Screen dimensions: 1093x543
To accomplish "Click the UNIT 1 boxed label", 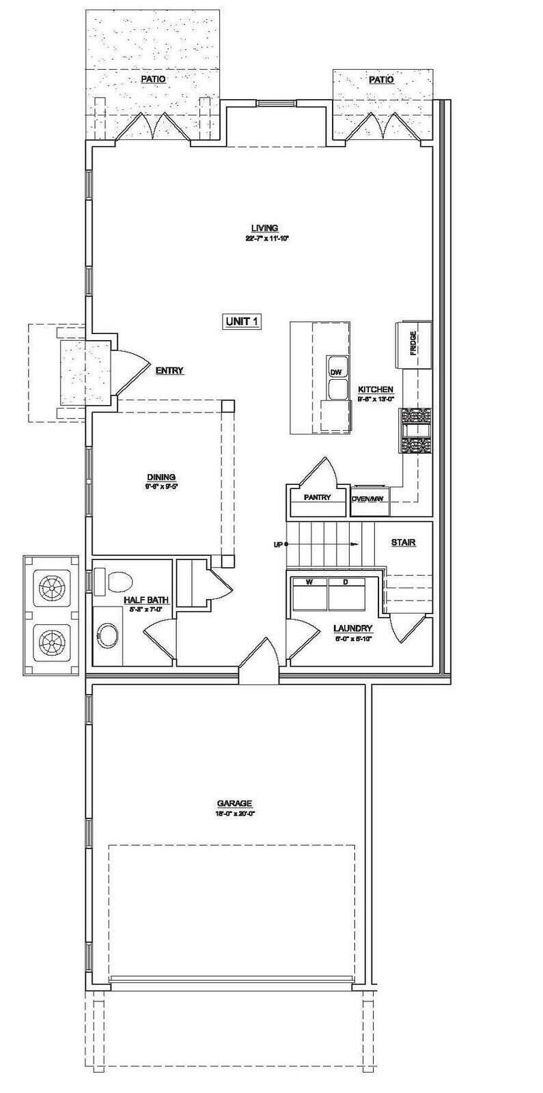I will coord(242,322).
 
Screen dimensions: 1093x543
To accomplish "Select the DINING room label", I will coord(161,477).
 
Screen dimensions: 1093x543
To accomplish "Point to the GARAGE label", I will coord(235,803).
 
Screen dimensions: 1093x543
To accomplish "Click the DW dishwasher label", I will coord(335,372).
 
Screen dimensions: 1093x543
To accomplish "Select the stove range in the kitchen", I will coord(416,430).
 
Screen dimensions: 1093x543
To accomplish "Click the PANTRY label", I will coord(318,497).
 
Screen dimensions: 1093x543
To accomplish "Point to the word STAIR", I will coord(403,542).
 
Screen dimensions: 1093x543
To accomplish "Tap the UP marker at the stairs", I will coord(278,544).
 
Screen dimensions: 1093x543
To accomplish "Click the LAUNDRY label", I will coord(352,628).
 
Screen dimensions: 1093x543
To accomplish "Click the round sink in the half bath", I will coord(107,634).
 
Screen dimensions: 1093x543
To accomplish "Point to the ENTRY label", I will coord(169,371).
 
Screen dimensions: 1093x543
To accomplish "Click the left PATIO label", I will coord(153,79).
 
